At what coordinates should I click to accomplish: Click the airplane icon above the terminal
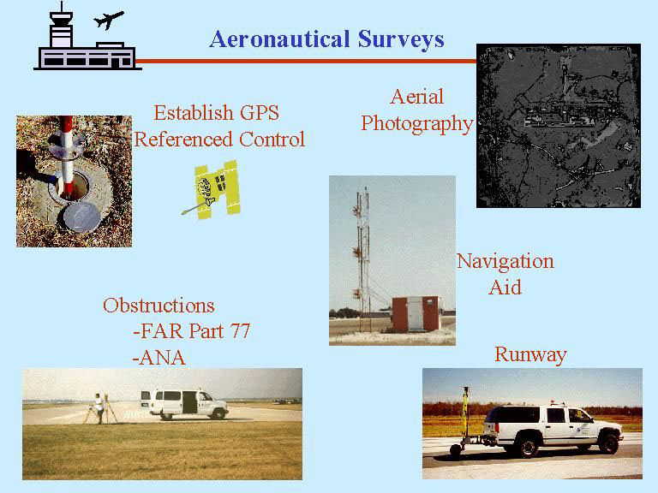(x=108, y=20)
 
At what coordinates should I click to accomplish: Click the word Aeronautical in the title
(x=279, y=39)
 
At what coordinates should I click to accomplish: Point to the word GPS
(x=260, y=113)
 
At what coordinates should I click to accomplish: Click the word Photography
(x=417, y=124)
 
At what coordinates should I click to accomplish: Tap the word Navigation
(x=505, y=262)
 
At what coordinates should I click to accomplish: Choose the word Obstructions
(x=159, y=306)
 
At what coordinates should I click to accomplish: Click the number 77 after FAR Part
(x=240, y=331)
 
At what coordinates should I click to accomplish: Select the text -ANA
(x=159, y=358)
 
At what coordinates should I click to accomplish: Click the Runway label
(x=531, y=355)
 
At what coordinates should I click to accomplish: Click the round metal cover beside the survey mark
(x=82, y=217)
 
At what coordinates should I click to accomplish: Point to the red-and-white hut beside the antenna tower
(x=416, y=314)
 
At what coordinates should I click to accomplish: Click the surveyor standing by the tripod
(x=99, y=408)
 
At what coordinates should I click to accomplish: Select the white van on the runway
(x=184, y=404)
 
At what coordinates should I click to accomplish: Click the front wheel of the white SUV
(x=608, y=443)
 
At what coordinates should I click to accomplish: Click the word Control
(x=272, y=140)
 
